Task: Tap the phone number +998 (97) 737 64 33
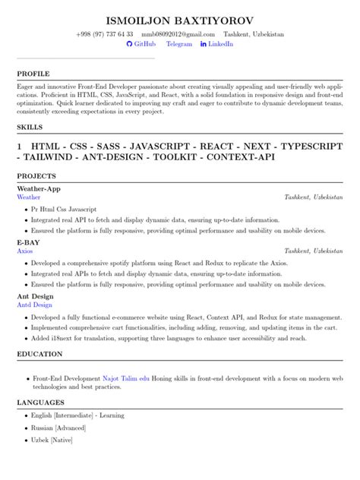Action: click(x=105, y=34)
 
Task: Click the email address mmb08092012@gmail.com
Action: click(x=175, y=34)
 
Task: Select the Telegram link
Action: click(x=179, y=45)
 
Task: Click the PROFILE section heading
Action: click(x=33, y=74)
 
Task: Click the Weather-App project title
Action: click(x=38, y=188)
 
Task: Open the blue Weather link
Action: click(x=29, y=196)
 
